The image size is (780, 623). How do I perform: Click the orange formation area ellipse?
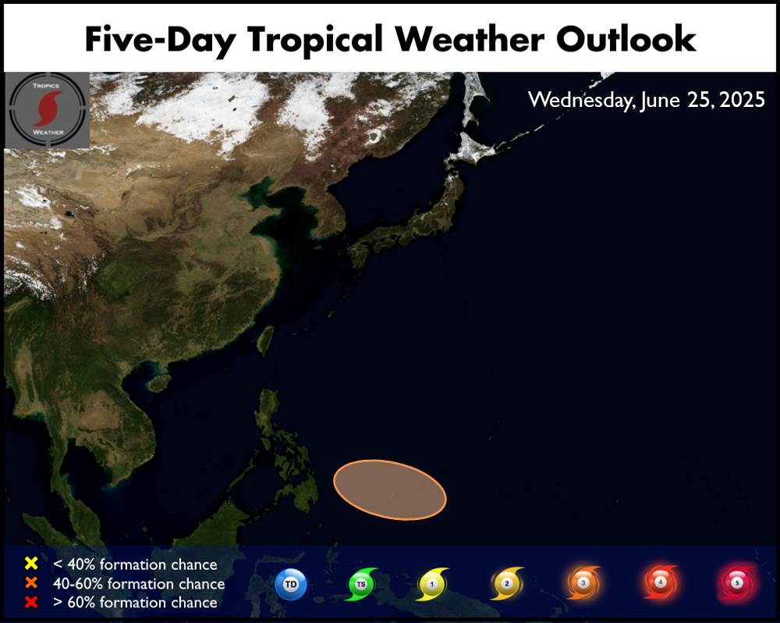389,489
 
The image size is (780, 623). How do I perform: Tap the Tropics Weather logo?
48,110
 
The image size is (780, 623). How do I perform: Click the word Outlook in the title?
626,39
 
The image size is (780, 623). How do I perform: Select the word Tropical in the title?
315,40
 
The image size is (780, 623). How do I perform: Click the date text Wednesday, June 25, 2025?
646,100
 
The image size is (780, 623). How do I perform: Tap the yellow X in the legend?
31,563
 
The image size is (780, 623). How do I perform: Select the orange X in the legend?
31,582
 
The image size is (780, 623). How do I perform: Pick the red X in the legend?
31,602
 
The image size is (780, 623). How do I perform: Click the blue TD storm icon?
291,584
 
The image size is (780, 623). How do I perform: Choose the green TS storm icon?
361,584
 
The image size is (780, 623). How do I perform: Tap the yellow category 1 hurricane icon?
432,584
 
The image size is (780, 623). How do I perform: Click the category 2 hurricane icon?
507,583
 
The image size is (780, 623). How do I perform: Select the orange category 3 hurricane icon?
583,582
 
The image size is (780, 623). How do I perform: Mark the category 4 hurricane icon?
660,582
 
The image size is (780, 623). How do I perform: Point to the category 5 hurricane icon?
737,582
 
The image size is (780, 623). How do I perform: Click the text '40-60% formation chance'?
139,584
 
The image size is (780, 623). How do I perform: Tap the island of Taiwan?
266,340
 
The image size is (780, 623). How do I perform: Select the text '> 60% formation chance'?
135,603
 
